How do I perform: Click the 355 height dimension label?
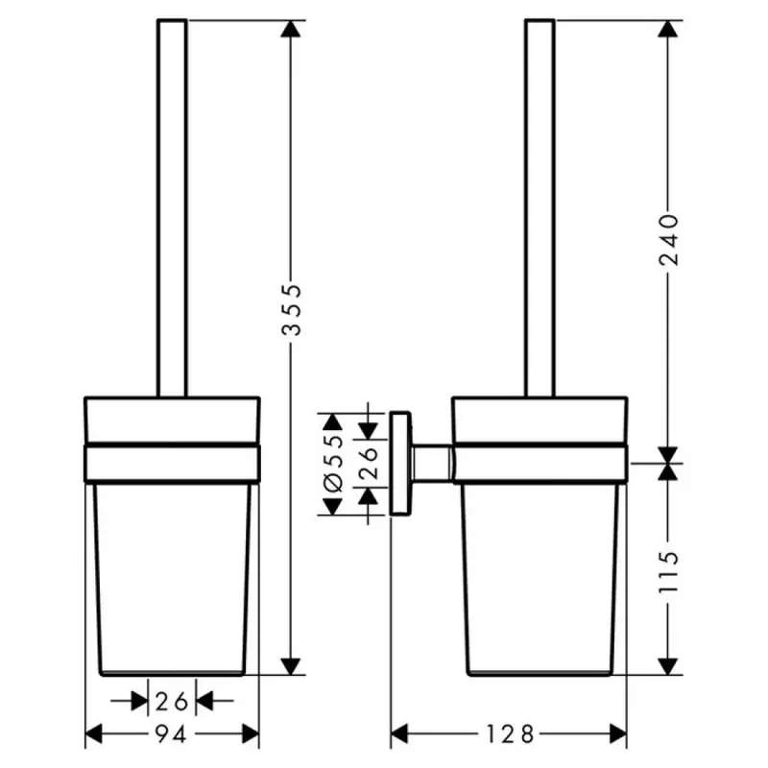pyautogui.click(x=292, y=309)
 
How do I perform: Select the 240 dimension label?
pyautogui.click(x=668, y=239)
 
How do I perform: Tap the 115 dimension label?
pyautogui.click(x=668, y=572)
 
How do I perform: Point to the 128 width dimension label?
pyautogui.click(x=510, y=734)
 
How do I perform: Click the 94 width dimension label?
pyautogui.click(x=171, y=734)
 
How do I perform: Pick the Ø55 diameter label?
pyautogui.click(x=333, y=463)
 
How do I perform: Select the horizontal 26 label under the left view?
pyautogui.click(x=172, y=702)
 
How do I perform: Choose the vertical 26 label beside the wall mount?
pyautogui.click(x=369, y=463)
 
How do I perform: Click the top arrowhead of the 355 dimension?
pyautogui.click(x=291, y=29)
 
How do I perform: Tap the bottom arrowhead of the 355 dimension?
pyautogui.click(x=291, y=666)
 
